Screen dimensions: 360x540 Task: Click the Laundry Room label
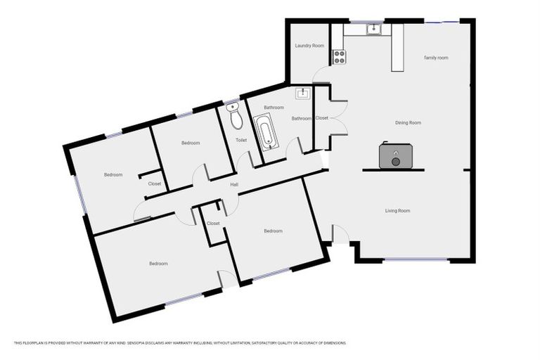tap(309, 46)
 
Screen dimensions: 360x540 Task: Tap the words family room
tap(436, 58)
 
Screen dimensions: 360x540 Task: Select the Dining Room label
tap(408, 123)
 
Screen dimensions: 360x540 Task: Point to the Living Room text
tap(397, 211)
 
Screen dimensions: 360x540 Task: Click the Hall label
tap(235, 185)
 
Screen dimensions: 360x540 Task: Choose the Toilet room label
tap(241, 141)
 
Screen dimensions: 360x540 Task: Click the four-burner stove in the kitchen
tap(339, 57)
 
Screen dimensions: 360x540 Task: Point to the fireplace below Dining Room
tap(395, 157)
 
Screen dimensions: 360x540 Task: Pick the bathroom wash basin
tap(303, 94)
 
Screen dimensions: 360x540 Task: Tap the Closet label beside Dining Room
tap(322, 117)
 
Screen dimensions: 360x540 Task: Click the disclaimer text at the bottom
tap(179, 343)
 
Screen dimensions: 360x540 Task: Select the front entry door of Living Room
tap(340, 234)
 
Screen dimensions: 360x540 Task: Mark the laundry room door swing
tap(321, 75)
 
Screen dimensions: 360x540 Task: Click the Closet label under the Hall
tap(213, 224)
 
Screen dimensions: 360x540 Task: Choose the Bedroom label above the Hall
tap(191, 143)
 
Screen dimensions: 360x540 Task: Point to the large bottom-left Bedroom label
tap(158, 264)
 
